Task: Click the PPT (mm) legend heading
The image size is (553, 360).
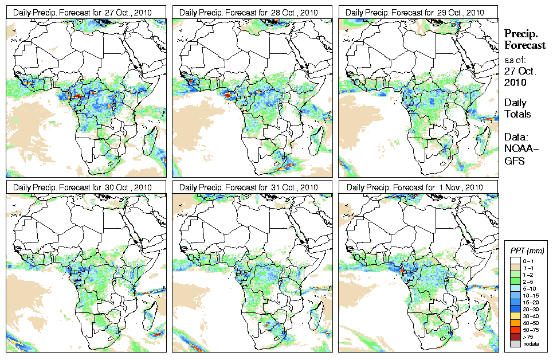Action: [527, 251]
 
